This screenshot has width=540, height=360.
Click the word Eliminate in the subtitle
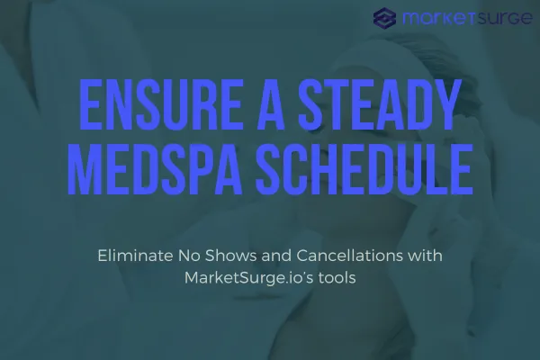(x=131, y=256)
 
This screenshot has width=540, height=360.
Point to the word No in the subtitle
(x=184, y=256)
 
